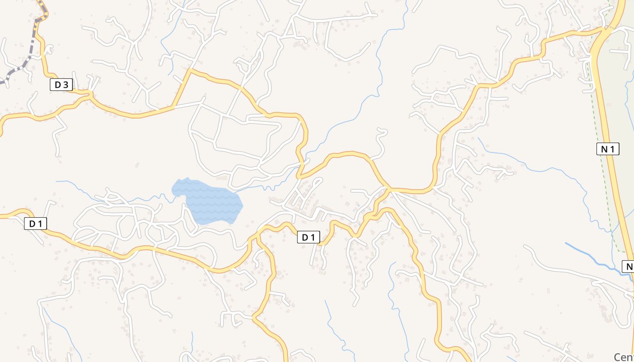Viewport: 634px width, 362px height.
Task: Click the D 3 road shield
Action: point(61,85)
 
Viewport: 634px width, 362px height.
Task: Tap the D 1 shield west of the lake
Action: point(35,224)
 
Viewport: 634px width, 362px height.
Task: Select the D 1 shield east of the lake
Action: point(308,237)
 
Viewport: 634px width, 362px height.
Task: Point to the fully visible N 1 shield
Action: point(607,149)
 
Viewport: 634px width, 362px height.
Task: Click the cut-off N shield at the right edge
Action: point(628,267)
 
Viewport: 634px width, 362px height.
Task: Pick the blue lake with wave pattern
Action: point(208,202)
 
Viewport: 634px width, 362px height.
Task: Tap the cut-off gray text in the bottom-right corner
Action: point(624,357)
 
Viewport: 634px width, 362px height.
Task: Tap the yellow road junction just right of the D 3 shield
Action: point(90,95)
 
